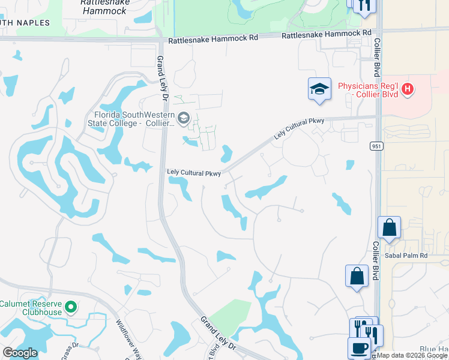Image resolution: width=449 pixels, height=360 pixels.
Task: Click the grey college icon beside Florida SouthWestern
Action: [x=184, y=117]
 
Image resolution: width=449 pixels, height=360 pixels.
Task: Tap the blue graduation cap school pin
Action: [x=319, y=89]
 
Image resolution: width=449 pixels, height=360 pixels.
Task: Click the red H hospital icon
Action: [x=408, y=89]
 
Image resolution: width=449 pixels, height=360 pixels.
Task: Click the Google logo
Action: [x=20, y=353]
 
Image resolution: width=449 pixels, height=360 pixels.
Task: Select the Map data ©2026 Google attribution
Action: [x=412, y=355]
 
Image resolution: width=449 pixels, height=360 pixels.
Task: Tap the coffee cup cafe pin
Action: [x=359, y=348]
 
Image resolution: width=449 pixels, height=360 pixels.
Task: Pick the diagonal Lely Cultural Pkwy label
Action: [x=299, y=129]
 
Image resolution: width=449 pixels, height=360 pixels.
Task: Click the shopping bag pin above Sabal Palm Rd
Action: [x=389, y=229]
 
